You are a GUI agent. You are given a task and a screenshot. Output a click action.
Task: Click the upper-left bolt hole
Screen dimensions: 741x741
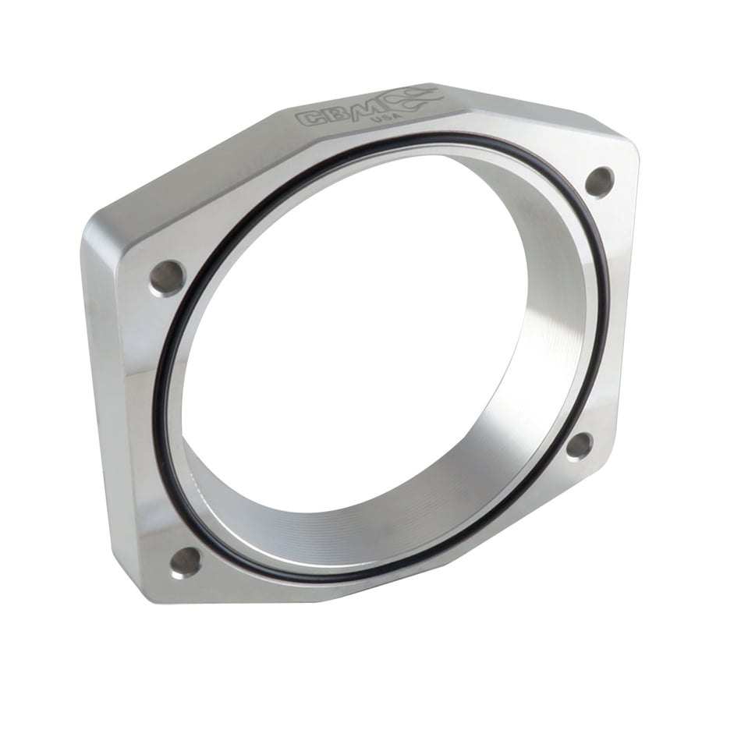[x=167, y=278]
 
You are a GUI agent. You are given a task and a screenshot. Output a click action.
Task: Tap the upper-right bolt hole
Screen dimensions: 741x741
[x=599, y=181]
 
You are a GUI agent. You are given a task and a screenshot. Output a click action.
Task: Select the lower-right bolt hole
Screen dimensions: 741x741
[x=580, y=446]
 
